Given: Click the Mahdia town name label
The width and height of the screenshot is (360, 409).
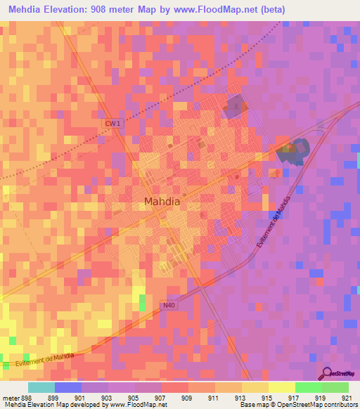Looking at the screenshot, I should point(162,202).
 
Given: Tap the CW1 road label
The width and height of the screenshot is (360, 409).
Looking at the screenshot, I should point(112,123).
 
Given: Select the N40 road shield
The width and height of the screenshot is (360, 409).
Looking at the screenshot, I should point(168,304).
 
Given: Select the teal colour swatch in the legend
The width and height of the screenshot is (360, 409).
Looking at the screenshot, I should point(41,387).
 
